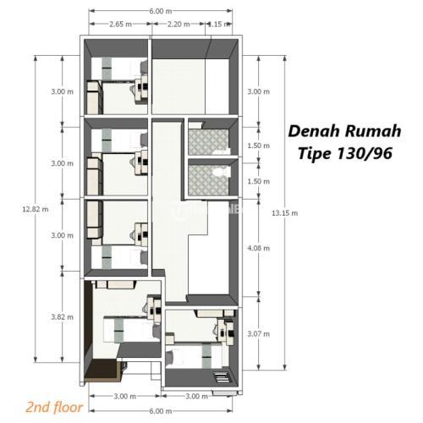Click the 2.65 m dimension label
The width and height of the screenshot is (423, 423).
click(121, 25)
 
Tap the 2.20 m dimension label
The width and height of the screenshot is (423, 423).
click(179, 25)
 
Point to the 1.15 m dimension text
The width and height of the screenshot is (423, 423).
click(219, 25)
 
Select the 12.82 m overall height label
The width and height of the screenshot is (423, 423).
click(36, 209)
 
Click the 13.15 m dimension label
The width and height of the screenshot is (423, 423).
click(285, 213)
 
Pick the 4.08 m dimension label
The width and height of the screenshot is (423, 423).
click(259, 248)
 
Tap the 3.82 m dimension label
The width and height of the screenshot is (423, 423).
click(62, 317)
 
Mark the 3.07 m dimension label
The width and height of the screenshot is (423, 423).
click(259, 334)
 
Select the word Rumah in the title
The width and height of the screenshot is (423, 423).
click(373, 131)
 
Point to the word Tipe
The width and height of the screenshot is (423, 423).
click(315, 154)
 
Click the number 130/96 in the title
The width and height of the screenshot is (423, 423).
click(365, 154)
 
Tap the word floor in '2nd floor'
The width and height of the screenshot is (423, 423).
click(68, 407)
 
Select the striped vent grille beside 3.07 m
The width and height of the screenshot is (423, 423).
click(222, 377)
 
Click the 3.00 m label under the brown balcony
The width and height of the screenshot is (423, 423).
click(125, 396)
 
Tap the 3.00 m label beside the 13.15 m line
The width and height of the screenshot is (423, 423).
click(259, 91)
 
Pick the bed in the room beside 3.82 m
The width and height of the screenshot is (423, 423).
click(132, 329)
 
